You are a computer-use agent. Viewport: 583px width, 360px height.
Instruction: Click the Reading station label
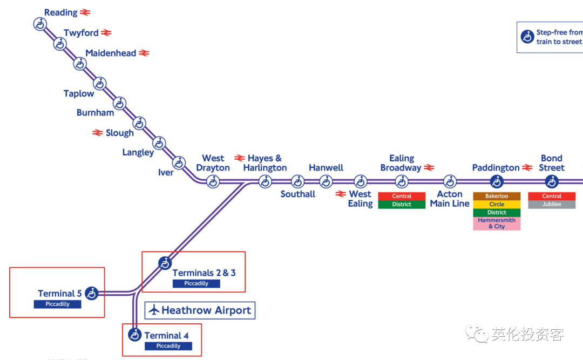point(60,12)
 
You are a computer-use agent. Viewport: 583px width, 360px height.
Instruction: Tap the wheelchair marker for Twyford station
point(60,44)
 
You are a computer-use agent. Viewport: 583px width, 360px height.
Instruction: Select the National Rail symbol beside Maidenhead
point(144,53)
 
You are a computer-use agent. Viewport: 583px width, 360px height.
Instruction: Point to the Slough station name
point(119,133)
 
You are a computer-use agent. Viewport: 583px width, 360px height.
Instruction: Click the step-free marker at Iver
point(179,163)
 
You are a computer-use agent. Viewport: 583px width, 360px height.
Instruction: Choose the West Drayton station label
point(213,163)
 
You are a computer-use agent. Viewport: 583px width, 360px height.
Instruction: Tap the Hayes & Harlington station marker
point(265,182)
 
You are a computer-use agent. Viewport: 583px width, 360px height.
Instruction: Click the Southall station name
point(297,194)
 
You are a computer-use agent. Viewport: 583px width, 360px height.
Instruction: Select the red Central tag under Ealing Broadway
point(402,196)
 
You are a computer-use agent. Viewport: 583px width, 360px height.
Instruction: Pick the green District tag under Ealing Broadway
point(402,204)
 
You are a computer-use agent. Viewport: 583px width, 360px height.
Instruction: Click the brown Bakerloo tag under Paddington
point(497,196)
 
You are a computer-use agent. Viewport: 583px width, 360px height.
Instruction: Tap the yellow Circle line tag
point(497,204)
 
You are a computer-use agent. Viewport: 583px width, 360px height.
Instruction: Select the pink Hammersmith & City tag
point(497,223)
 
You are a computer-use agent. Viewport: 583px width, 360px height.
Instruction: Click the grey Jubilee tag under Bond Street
point(552,204)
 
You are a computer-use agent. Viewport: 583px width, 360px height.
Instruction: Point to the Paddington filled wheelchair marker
point(497,182)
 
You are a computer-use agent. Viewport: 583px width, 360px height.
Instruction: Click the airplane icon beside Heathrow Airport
point(154,310)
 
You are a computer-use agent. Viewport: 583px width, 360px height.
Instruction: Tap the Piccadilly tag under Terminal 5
point(57,304)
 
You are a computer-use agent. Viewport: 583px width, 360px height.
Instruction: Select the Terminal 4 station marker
point(134,335)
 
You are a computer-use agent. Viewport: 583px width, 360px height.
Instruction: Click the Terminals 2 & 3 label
point(204,273)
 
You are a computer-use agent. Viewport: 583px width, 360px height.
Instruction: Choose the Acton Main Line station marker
point(450,182)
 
